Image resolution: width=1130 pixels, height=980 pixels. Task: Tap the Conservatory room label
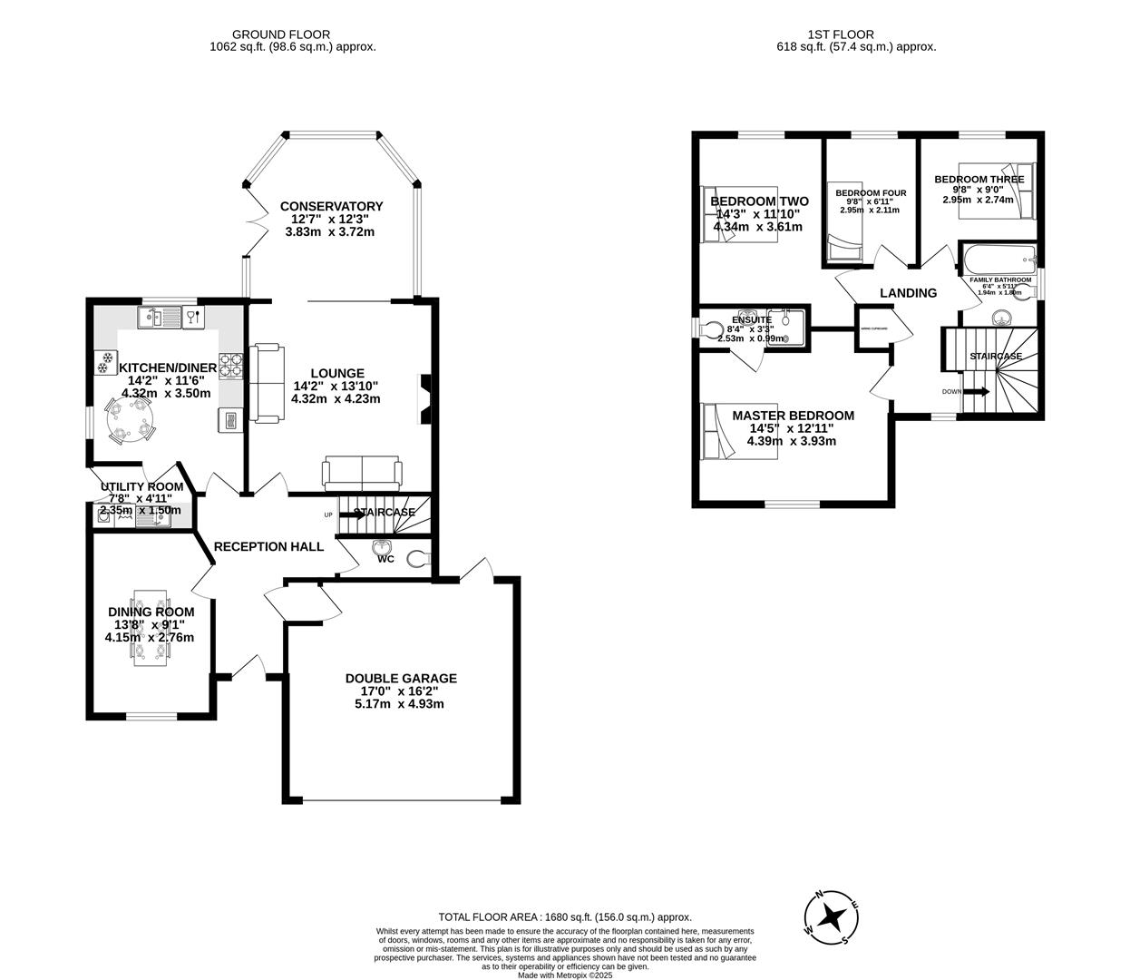pos(331,206)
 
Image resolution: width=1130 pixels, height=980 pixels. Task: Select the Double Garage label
pos(401,678)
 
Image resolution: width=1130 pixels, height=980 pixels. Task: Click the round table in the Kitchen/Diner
pos(130,421)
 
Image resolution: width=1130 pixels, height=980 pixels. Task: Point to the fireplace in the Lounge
pos(424,399)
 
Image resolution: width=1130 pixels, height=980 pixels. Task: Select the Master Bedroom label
pos(793,416)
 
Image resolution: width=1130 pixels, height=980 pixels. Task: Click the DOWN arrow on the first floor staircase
pos(975,392)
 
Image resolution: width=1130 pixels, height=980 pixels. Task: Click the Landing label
pos(908,293)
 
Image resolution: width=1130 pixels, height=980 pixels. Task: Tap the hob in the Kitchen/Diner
pos(231,366)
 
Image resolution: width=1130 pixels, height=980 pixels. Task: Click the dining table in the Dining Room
pos(151,627)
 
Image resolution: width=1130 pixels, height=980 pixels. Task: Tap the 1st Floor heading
pos(856,34)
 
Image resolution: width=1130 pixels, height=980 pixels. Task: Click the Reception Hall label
pos(268,546)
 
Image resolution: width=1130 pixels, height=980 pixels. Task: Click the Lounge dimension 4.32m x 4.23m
pos(336,398)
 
